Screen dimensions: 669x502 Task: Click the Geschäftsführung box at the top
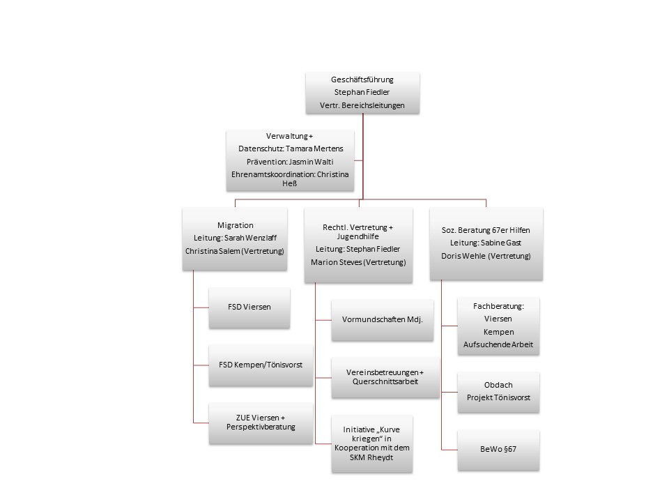point(362,93)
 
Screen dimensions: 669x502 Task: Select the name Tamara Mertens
point(314,149)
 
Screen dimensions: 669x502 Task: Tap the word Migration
point(235,225)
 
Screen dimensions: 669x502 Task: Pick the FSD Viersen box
point(249,307)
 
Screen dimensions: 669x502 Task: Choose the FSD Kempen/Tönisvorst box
point(261,365)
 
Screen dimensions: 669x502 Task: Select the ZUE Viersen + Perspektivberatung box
point(261,423)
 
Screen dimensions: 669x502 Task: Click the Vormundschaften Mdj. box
point(383,320)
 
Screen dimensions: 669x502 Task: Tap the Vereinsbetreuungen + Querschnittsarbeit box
point(385,377)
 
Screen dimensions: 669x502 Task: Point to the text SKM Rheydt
point(371,457)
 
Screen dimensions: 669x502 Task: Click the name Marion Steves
point(336,262)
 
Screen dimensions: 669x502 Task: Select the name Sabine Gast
point(501,243)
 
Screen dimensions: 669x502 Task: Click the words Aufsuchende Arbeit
point(498,344)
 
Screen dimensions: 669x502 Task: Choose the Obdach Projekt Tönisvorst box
point(498,392)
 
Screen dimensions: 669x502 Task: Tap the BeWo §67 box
point(498,450)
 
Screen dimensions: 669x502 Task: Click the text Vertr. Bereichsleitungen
point(362,105)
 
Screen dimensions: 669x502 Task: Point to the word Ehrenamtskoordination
point(272,174)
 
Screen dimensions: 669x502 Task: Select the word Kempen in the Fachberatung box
point(498,332)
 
